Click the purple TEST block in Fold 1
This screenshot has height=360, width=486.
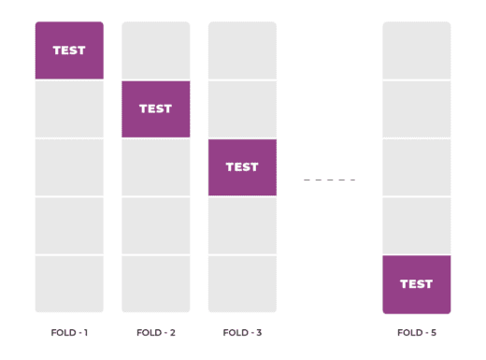pos(69,50)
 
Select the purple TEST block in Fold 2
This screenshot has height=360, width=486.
pos(155,108)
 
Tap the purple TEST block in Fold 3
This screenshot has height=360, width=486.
pos(242,167)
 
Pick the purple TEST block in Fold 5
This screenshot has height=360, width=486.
pos(416,284)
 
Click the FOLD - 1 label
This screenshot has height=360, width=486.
pos(69,332)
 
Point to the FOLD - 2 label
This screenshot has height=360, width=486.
pos(155,332)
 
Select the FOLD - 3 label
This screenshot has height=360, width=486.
pos(242,332)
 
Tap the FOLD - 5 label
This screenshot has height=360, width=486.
pos(416,332)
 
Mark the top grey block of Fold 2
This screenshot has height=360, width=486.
pos(155,50)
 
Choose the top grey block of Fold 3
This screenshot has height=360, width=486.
pos(242,50)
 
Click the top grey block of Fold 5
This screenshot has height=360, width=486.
pos(416,50)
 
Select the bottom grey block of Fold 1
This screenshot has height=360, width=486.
pos(69,284)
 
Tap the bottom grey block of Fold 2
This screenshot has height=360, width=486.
pos(155,284)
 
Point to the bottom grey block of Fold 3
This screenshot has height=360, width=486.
pos(242,284)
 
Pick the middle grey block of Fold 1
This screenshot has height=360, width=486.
pos(69,167)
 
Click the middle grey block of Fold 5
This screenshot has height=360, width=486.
pos(416,167)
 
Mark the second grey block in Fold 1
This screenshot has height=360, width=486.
pos(69,108)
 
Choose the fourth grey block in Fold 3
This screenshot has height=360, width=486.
pos(242,225)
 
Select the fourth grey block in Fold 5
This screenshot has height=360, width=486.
pos(416,225)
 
